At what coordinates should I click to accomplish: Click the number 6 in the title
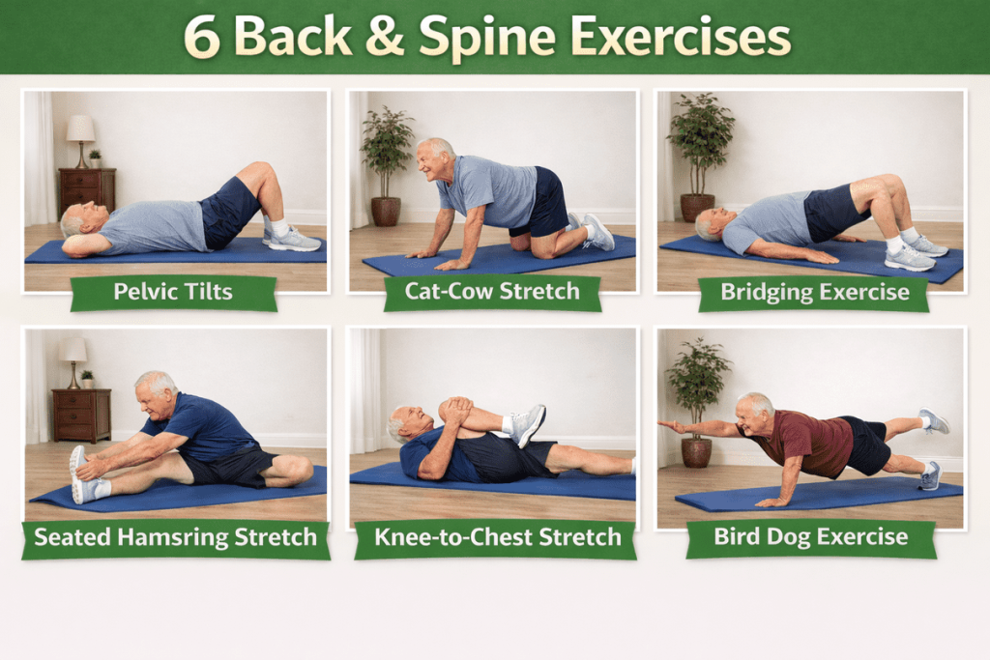[202, 38]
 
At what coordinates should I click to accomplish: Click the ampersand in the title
[384, 37]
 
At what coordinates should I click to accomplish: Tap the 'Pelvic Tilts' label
[173, 292]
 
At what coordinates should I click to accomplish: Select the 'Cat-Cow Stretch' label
[492, 291]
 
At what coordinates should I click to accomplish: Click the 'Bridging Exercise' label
[814, 292]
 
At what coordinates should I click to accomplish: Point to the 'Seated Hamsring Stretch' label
[176, 537]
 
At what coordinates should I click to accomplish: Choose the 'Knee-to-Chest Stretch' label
[498, 537]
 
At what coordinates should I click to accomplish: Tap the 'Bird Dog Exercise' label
[811, 536]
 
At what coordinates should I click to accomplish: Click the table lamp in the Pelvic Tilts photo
[81, 141]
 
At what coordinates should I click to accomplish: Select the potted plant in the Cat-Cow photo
[387, 165]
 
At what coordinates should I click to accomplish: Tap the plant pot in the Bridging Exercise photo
[697, 208]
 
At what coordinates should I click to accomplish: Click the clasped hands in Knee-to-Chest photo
[455, 410]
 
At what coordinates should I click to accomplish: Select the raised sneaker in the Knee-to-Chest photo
[527, 425]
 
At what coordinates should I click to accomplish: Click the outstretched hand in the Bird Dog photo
[672, 427]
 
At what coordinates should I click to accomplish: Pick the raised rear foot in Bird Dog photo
[934, 420]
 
